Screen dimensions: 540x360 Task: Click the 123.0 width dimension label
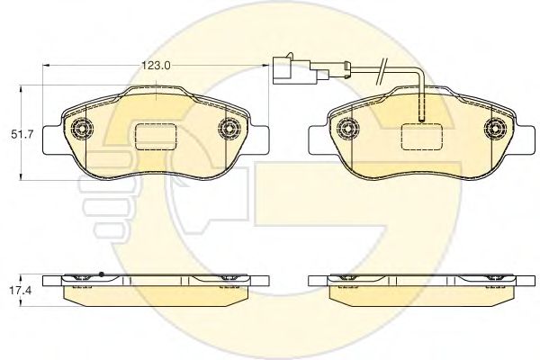coord(157,66)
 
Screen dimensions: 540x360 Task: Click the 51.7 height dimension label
coord(22,135)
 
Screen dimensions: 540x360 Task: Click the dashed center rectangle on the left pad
coord(156,137)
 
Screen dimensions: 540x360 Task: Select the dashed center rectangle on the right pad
coord(422,137)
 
